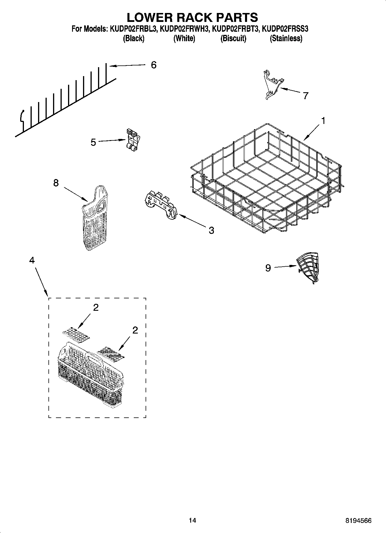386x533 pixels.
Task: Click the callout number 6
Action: (x=154, y=65)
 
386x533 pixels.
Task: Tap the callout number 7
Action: (x=306, y=95)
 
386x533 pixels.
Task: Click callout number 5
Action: (x=93, y=142)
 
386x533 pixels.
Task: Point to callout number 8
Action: (x=56, y=183)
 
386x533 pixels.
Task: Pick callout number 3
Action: (x=211, y=230)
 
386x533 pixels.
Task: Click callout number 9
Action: (x=268, y=268)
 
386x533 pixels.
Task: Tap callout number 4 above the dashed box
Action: (x=32, y=260)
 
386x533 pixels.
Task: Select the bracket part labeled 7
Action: (x=272, y=85)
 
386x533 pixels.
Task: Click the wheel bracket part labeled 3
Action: (x=161, y=206)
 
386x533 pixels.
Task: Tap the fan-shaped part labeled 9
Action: (x=309, y=267)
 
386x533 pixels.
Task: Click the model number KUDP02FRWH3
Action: (x=184, y=29)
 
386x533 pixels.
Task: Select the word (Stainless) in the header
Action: (x=286, y=38)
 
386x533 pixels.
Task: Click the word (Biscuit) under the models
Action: (x=233, y=38)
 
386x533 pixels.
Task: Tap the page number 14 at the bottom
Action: (x=192, y=521)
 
